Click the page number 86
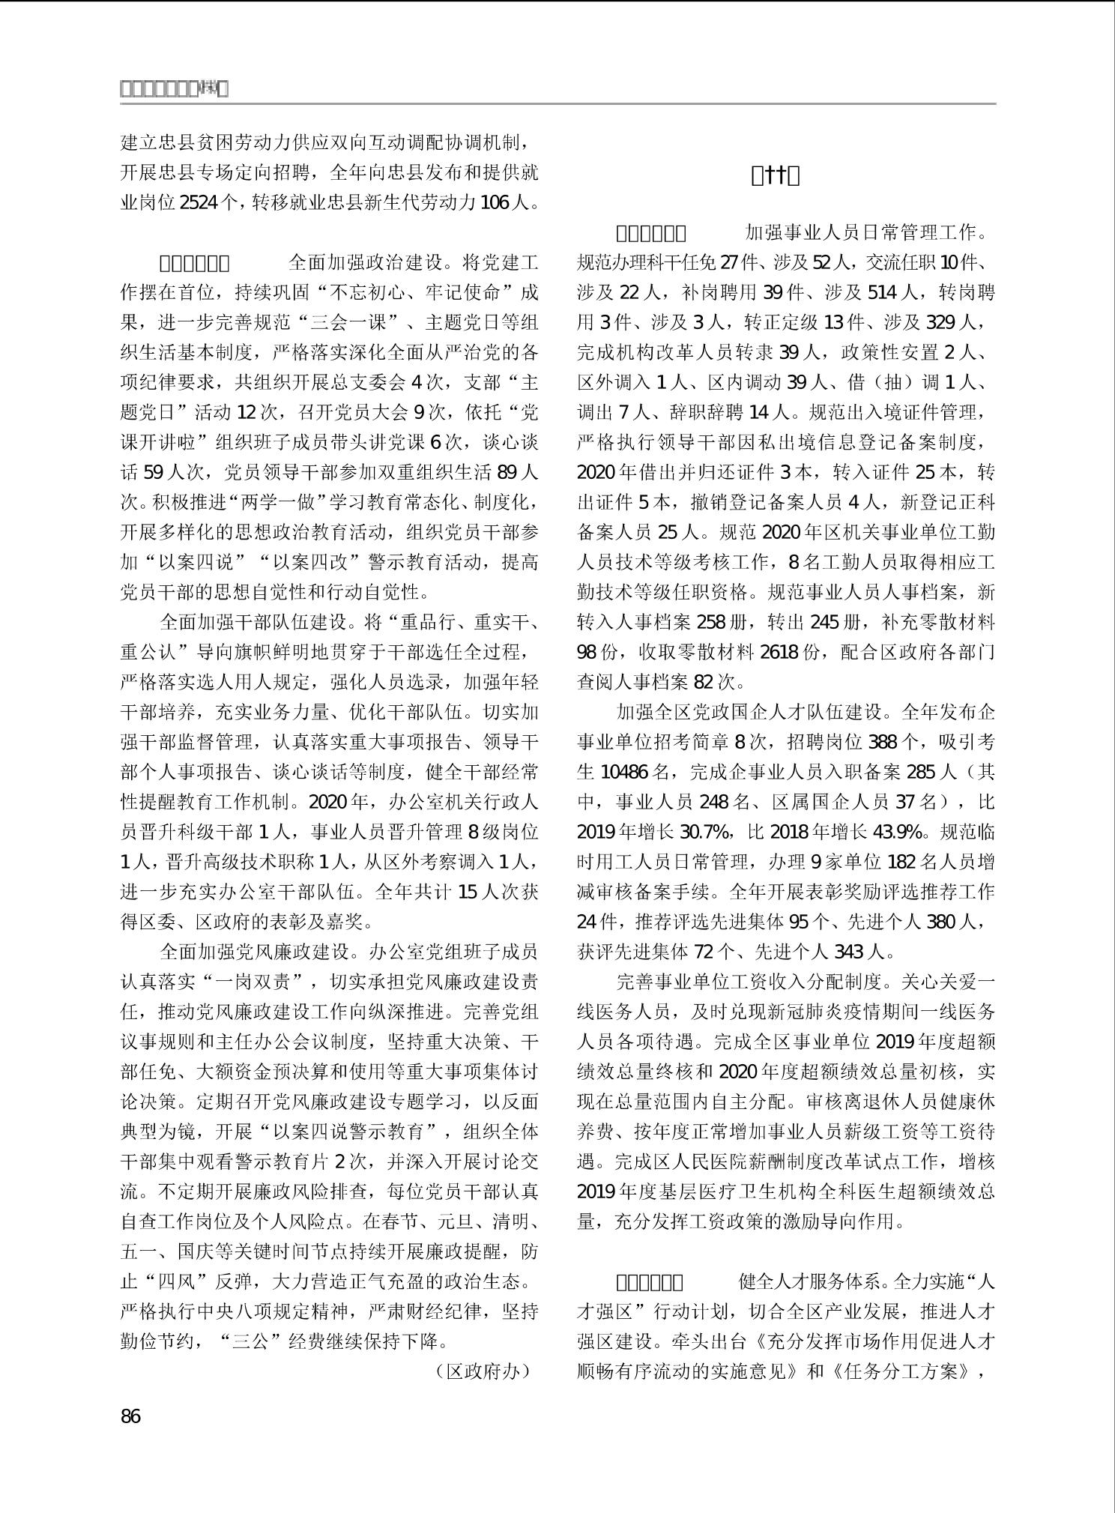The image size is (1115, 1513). click(130, 1416)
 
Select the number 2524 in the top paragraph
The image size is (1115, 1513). click(201, 203)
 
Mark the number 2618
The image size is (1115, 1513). click(779, 652)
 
